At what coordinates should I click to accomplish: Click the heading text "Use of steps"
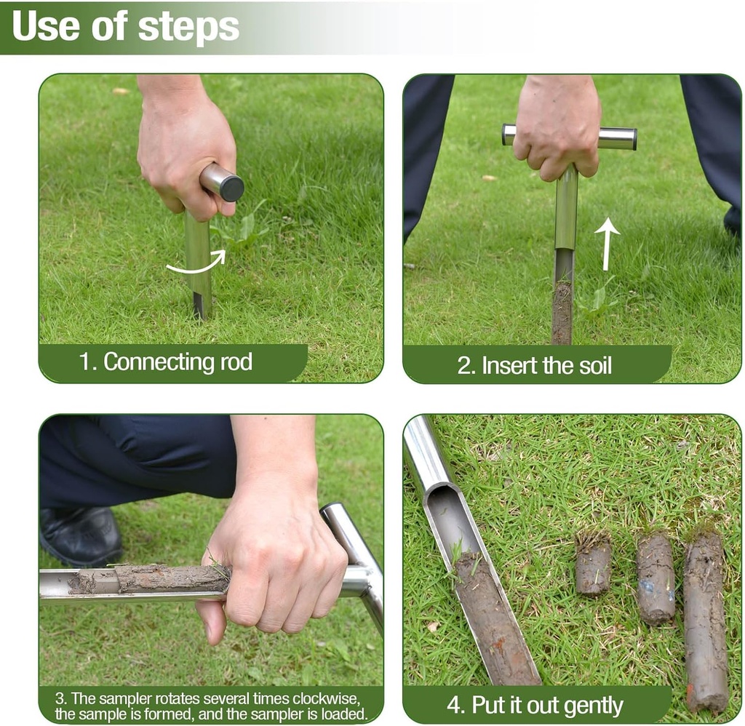(125, 26)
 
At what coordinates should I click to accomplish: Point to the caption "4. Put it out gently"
(535, 705)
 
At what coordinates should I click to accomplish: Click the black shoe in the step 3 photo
(80, 537)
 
